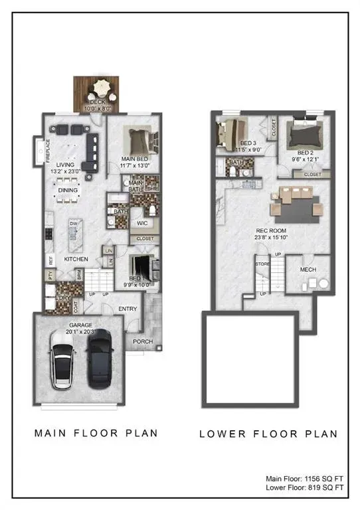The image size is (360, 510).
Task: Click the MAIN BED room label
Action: click(134, 159)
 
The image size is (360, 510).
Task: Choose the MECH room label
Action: click(308, 270)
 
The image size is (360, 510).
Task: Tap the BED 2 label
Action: click(305, 153)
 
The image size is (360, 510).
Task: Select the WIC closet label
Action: click(142, 223)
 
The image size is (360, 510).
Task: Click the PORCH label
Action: click(142, 342)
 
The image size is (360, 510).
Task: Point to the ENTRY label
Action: click(128, 309)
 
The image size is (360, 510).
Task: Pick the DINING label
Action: click(68, 190)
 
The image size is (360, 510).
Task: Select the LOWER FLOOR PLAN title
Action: click(268, 434)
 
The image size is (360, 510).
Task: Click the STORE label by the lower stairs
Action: click(262, 264)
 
